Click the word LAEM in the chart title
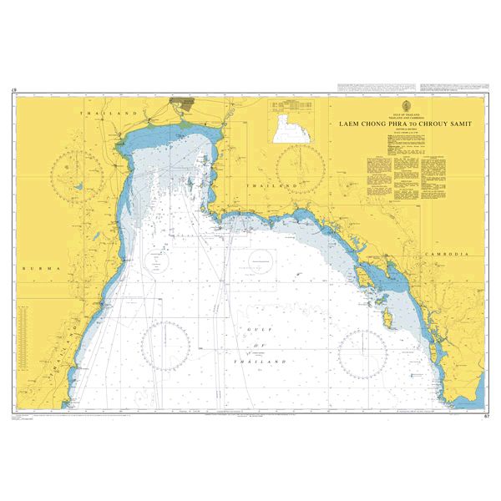(x=349, y=124)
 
